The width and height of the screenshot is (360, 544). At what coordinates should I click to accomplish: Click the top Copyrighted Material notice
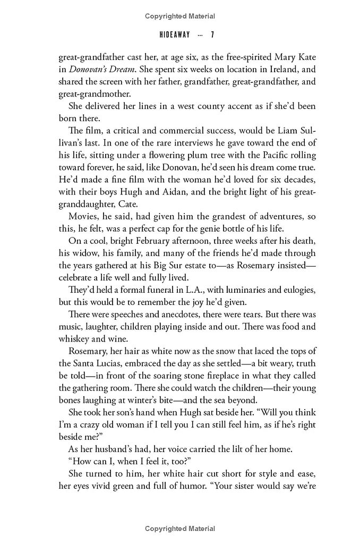point(180,16)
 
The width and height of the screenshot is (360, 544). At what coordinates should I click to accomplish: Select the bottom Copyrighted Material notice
point(180,529)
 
